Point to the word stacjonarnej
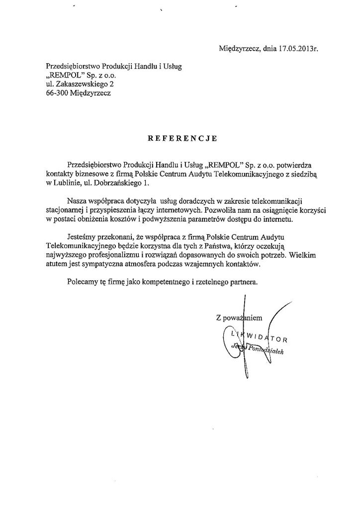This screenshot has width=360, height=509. (x=64, y=211)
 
